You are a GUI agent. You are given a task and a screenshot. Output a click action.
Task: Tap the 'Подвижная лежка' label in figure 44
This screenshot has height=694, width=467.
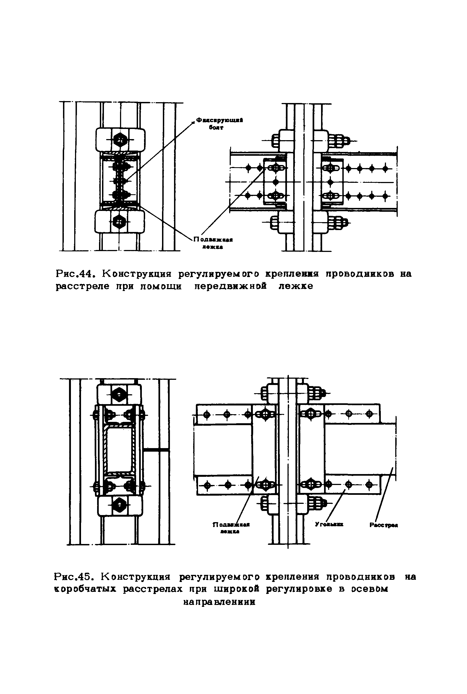[x=213, y=243]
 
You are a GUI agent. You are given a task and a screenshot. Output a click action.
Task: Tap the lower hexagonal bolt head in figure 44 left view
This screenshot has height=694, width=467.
[x=119, y=221]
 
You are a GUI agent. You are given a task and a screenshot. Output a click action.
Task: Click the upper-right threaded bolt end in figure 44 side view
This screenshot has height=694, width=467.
[x=338, y=140]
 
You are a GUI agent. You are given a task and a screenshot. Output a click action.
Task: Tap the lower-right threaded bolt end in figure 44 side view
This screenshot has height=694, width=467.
[x=338, y=222]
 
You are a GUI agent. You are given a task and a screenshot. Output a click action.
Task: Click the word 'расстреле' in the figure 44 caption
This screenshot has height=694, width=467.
[x=84, y=286]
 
